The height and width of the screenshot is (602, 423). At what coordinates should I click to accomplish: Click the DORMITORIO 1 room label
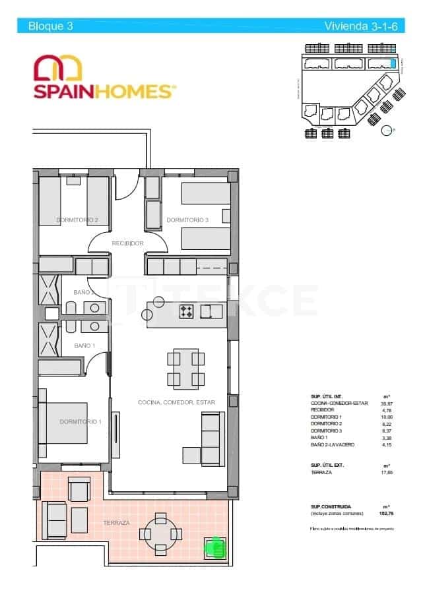pyautogui.click(x=80, y=421)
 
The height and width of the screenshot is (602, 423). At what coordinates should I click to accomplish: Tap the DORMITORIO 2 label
pyautogui.click(x=77, y=220)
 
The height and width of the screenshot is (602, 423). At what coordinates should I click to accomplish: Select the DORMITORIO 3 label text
pyautogui.click(x=187, y=220)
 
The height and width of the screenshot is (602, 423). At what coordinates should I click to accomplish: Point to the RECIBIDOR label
pyautogui.click(x=128, y=243)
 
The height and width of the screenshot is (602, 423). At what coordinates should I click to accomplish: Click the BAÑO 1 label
pyautogui.click(x=84, y=346)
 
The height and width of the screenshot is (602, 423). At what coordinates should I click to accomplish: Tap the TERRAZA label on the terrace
pyautogui.click(x=116, y=523)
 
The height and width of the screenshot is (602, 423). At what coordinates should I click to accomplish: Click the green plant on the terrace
pyautogui.click(x=214, y=547)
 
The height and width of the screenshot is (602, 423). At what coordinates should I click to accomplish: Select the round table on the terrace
pyautogui.click(x=160, y=532)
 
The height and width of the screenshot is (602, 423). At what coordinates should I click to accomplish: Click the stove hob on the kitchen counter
pyautogui.click(x=186, y=311)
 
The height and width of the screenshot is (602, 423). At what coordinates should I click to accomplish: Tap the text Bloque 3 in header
pyautogui.click(x=50, y=26)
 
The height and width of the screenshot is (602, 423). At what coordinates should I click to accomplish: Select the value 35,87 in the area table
pyautogui.click(x=383, y=404)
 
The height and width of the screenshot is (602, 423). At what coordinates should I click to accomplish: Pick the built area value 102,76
pyautogui.click(x=383, y=512)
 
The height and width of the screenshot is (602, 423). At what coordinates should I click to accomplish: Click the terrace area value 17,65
pyautogui.click(x=383, y=473)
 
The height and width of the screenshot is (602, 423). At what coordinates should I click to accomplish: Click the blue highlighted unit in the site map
pyautogui.click(x=393, y=63)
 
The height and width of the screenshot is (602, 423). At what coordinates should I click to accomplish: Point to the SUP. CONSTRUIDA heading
pyautogui.click(x=331, y=506)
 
